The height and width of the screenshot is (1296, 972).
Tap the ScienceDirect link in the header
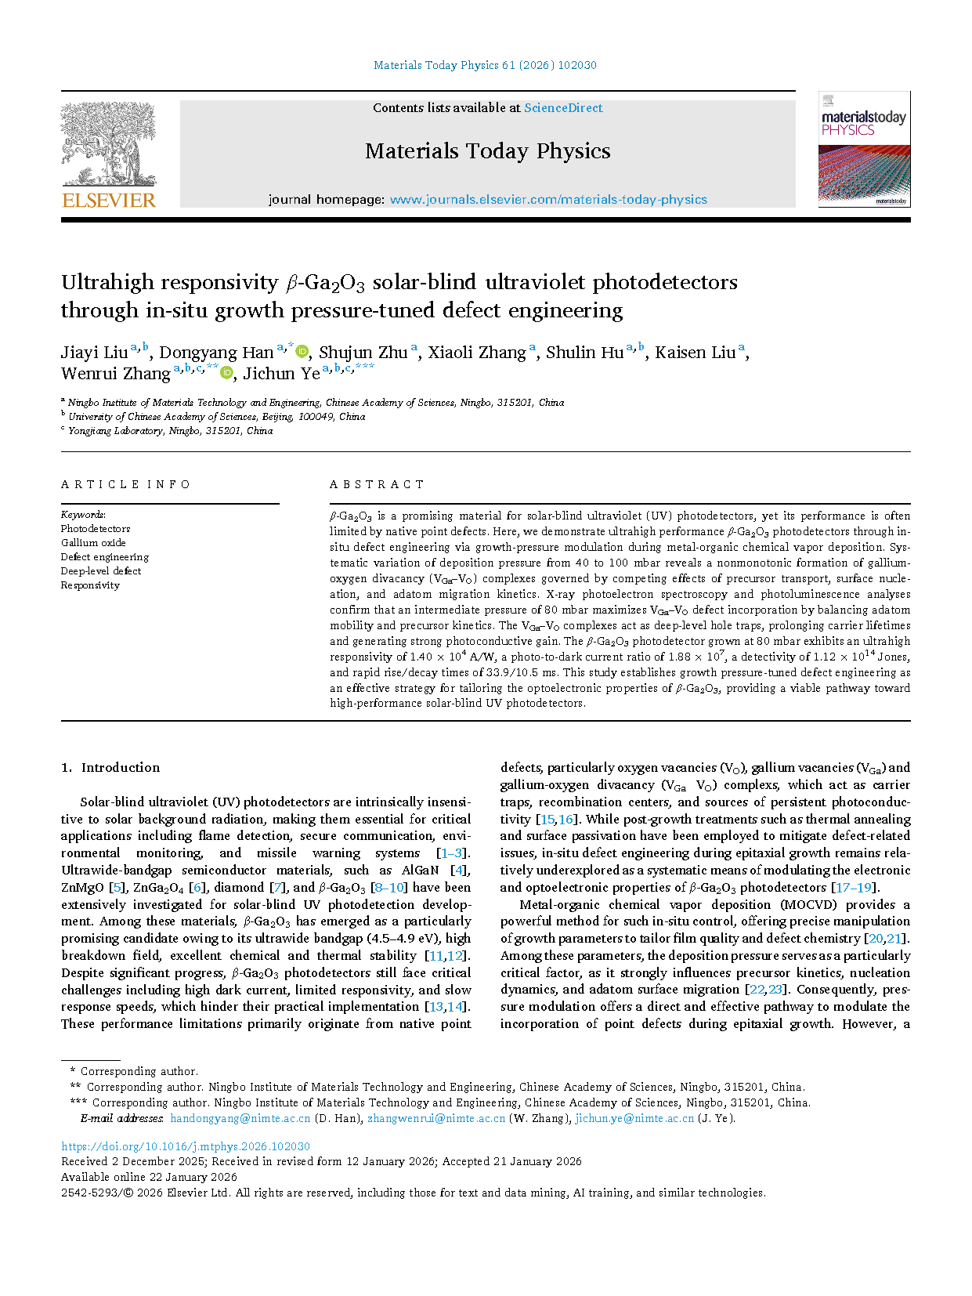click(563, 108)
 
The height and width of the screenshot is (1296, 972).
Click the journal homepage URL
click(548, 200)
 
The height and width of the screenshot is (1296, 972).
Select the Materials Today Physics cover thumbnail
click(864, 149)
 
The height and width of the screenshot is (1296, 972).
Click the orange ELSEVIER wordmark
click(109, 201)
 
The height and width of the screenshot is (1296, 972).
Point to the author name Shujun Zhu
click(363, 353)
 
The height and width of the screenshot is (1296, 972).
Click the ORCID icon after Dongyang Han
click(302, 352)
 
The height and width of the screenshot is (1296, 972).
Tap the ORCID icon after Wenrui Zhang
click(227, 373)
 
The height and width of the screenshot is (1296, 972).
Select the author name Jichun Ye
click(281, 374)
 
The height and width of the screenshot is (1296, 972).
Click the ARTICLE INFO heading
click(126, 484)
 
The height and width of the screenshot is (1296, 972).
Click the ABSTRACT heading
click(377, 484)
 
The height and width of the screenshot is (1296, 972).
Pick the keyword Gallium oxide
click(93, 543)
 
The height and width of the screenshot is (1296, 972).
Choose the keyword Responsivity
click(90, 585)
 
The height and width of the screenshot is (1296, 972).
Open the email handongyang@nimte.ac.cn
click(240, 1118)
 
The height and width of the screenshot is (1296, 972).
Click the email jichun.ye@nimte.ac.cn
click(634, 1118)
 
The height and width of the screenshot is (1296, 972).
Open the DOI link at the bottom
click(186, 1146)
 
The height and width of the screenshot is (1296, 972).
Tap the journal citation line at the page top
click(485, 65)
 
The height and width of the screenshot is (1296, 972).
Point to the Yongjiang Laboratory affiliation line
click(170, 431)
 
